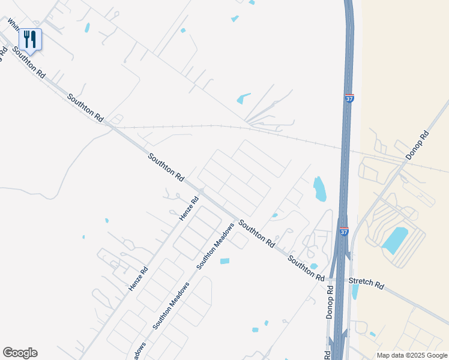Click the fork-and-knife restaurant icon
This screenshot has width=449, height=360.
pyautogui.click(x=30, y=40)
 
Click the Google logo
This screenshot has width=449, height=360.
pyautogui.click(x=20, y=353)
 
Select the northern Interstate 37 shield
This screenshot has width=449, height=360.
pyautogui.click(x=349, y=98)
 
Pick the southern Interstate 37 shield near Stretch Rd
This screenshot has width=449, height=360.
pyautogui.click(x=344, y=232)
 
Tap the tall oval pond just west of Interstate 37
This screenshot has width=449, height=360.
pyautogui.click(x=320, y=189)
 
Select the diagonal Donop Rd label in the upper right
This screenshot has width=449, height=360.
pyautogui.click(x=418, y=145)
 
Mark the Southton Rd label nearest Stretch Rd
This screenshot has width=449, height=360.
pyautogui.click(x=306, y=268)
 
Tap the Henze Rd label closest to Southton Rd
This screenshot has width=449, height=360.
pyautogui.click(x=188, y=208)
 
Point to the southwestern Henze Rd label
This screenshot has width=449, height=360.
pyautogui.click(x=138, y=280)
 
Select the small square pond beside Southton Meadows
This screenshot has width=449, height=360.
pyautogui.click(x=224, y=261)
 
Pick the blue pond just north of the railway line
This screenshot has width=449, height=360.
pyautogui.click(x=243, y=99)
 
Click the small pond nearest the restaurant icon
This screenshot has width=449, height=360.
pyautogui.click(x=88, y=27)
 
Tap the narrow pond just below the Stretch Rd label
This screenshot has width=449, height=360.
pyautogui.click(x=355, y=292)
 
